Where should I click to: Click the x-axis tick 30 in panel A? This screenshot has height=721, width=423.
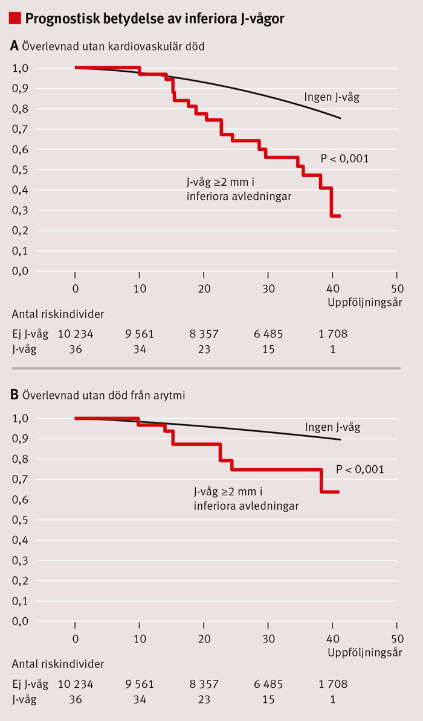[268, 288]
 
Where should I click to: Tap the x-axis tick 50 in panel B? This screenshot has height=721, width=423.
[397, 639]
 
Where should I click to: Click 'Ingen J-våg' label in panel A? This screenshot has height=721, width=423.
[331, 97]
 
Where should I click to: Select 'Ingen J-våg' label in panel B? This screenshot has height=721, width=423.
[332, 427]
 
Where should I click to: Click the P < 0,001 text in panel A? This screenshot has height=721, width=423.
[344, 159]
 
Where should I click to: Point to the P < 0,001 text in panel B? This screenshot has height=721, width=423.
[360, 469]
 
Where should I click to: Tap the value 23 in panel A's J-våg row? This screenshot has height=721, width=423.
[204, 349]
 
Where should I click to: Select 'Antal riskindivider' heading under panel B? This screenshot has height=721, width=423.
[57, 664]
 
